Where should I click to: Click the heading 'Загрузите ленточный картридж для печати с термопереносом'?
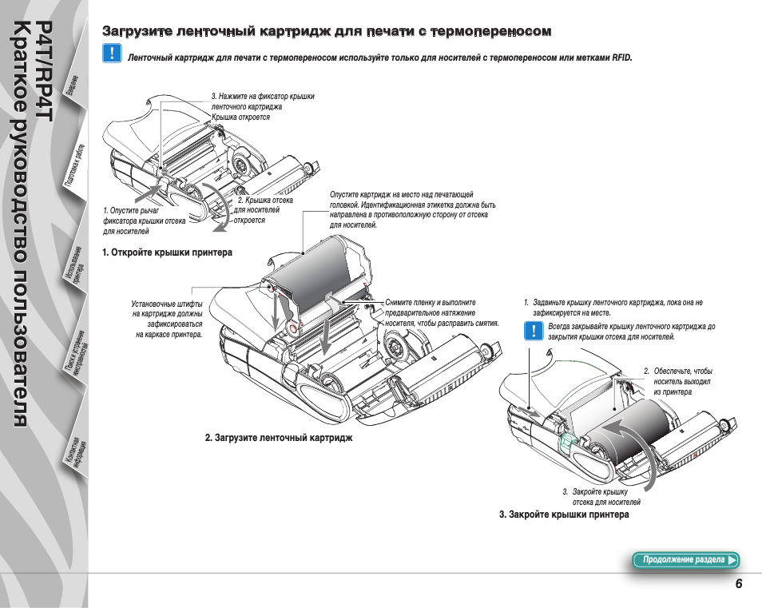click(327, 32)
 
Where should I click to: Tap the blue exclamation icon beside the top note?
click(113, 54)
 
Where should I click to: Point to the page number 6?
click(739, 584)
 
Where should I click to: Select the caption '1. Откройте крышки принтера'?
click(167, 252)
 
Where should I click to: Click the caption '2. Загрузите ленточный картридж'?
click(278, 438)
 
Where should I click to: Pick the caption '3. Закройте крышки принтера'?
click(564, 515)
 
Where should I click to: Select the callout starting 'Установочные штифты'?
click(168, 319)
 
